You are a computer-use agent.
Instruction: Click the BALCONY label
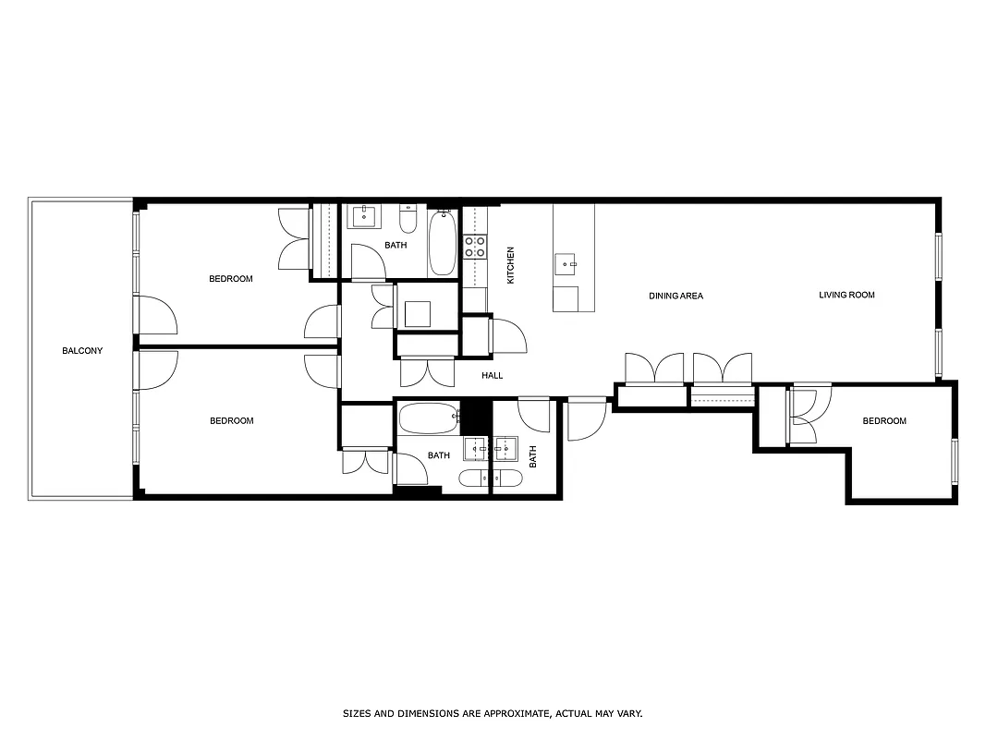82,351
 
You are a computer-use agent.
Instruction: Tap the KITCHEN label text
510,265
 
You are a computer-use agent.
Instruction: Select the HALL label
492,376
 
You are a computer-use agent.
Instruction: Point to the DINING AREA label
676,297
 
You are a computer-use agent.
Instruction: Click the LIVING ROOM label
846,296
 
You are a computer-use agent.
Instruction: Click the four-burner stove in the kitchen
474,247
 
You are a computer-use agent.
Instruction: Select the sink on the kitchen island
566,264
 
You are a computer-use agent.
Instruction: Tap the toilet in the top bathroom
408,220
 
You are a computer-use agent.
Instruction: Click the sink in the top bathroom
363,218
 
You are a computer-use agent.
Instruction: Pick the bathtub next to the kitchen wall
442,241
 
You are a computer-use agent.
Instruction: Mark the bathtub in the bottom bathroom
428,418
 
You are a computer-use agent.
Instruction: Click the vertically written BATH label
533,455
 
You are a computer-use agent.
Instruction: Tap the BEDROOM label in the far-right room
884,421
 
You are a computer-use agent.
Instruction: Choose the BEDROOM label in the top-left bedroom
230,279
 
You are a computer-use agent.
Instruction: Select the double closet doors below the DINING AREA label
655,368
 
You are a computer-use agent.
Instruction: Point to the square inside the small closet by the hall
419,314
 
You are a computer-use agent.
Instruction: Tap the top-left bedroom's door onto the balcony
155,315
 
